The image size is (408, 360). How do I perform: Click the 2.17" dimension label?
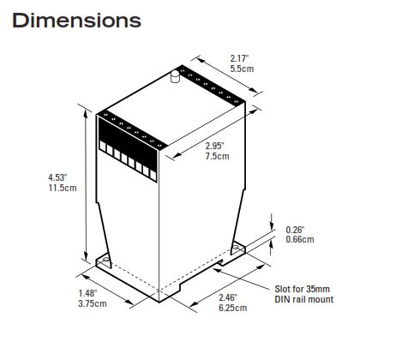(x=240, y=58)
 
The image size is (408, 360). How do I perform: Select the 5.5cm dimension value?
(x=240, y=69)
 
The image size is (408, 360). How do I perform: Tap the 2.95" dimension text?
(x=217, y=147)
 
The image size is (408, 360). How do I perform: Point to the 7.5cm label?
(x=217, y=158)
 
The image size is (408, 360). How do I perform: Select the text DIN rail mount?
(x=306, y=299)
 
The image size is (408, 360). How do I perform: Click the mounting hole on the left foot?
(x=107, y=258)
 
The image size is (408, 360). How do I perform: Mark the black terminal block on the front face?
(x=129, y=146)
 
